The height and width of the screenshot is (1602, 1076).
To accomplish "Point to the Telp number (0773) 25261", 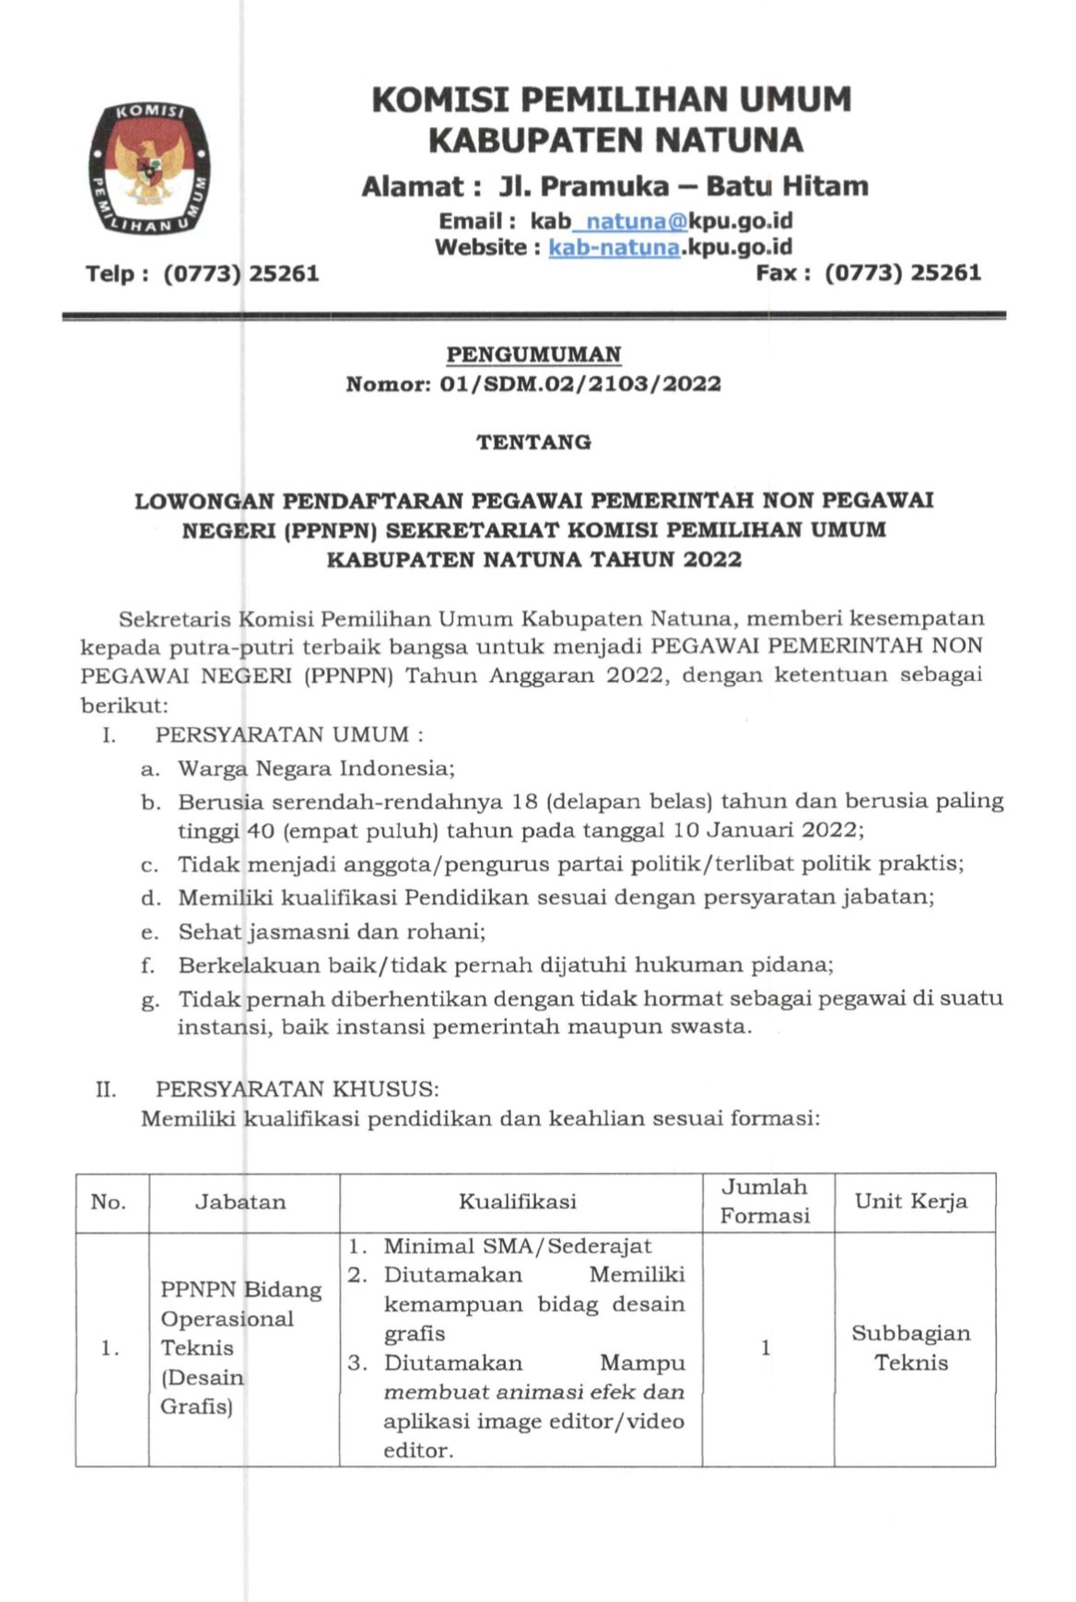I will tap(240, 274).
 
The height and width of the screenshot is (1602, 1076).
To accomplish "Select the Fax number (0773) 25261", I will tap(902, 273).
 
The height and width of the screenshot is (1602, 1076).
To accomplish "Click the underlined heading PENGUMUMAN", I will tap(533, 355).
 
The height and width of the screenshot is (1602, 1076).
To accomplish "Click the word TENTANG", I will tap(533, 442).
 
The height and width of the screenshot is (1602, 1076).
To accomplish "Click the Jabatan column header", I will tap(240, 1202).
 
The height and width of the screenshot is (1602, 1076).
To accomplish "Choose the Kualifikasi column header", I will tap(518, 1202).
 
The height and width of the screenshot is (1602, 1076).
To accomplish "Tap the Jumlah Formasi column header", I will tap(765, 1201).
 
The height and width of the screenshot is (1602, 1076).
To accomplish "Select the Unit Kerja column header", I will tap(911, 1201).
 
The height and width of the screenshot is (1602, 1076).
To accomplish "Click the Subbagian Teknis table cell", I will tap(911, 1348).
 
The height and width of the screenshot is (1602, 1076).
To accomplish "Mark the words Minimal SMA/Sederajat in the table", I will tap(517, 1246).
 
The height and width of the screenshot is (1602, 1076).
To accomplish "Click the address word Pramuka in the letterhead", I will tap(604, 187).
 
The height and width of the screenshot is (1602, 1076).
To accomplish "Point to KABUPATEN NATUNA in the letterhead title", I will tap(616, 140).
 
